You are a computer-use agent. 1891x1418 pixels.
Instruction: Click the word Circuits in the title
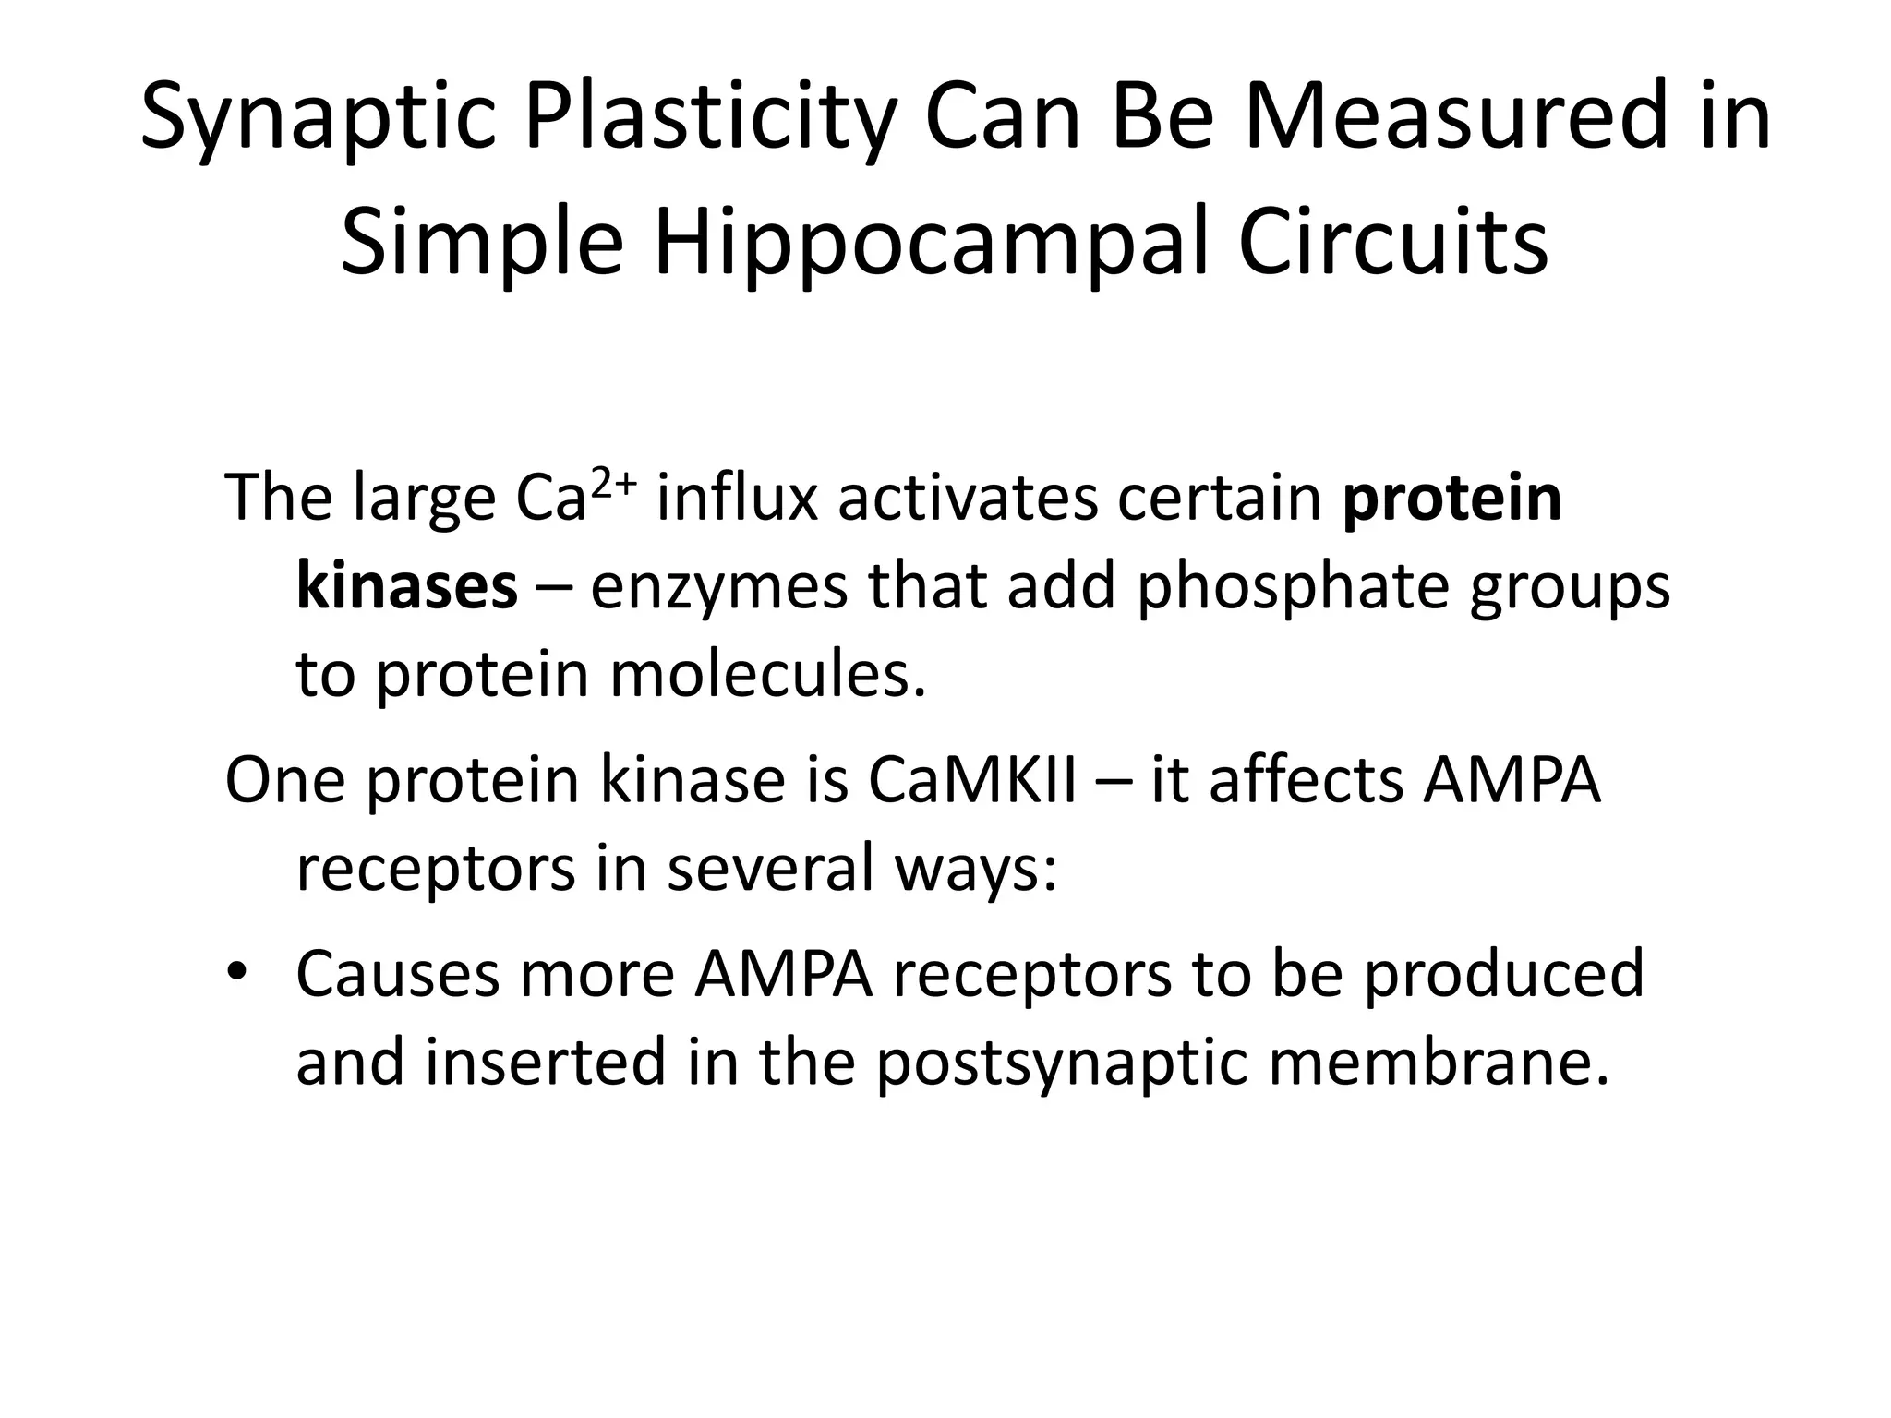pyautogui.click(x=1392, y=246)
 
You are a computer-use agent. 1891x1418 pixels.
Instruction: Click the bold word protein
pyautogui.click(x=1451, y=499)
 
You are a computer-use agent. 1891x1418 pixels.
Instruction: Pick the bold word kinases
pyautogui.click(x=406, y=587)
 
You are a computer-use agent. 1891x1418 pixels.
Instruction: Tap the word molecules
pyautogui.click(x=767, y=676)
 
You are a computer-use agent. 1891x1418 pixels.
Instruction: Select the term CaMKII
pyautogui.click(x=971, y=781)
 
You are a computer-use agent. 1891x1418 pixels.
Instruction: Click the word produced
pyautogui.click(x=1504, y=975)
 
